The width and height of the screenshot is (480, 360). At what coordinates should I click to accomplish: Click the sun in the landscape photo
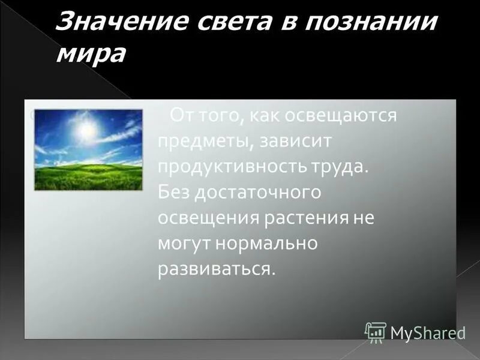88,129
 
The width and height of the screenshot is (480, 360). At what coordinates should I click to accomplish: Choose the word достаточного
257,193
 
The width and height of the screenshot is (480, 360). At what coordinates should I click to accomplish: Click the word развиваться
216,269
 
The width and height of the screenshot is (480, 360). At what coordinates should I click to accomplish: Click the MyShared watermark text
428,332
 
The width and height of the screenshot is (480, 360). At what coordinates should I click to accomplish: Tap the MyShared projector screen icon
376,332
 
